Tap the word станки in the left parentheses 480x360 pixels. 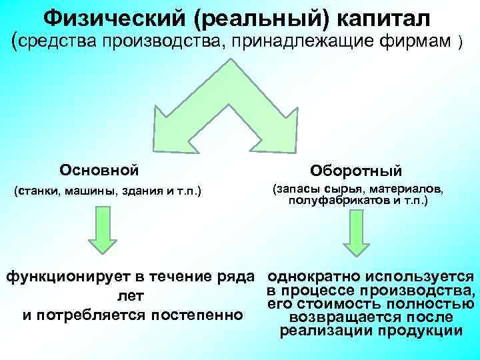tap(39, 192)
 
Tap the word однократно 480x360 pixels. tap(313, 276)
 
